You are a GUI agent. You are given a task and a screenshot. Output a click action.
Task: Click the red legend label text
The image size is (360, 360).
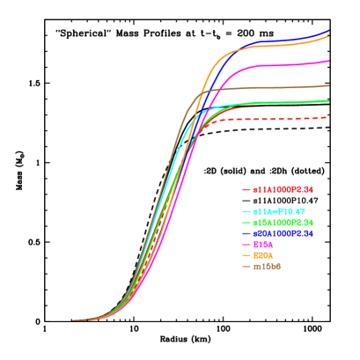pos(283,189)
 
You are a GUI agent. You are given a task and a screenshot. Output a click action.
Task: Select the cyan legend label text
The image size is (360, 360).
pos(278,212)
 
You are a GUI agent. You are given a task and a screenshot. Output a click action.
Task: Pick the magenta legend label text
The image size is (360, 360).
pos(263,245)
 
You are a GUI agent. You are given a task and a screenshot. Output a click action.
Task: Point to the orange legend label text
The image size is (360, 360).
pos(263,255)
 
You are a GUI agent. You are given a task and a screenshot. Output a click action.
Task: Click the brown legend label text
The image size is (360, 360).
pos(267,266)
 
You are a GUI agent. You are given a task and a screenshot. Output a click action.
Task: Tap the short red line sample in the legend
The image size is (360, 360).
pos(246,189)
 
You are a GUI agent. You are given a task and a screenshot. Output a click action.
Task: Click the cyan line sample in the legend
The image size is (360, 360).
pos(246,212)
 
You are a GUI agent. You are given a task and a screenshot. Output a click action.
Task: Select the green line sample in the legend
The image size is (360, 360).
pos(246,223)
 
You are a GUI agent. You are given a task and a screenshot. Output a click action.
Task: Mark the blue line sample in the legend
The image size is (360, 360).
pos(246,233)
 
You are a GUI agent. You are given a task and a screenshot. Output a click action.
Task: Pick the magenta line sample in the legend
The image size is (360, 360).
pos(246,245)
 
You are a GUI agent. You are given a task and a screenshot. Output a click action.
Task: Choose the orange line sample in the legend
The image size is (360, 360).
pos(246,255)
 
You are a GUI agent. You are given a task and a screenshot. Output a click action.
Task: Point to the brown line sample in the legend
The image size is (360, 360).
pos(246,266)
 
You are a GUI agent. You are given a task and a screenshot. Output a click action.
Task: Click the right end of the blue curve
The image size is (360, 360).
pos(328,31)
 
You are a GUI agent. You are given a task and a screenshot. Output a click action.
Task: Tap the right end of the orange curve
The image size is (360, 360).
pos(328,36)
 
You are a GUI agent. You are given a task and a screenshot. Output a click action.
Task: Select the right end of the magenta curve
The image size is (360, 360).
pos(328,61)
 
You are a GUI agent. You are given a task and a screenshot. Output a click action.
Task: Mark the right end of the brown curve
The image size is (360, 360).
pos(328,85)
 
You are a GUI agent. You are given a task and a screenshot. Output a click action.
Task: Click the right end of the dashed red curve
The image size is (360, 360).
pos(328,117)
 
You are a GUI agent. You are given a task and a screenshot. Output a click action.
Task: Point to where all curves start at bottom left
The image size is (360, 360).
pos(74,320)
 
